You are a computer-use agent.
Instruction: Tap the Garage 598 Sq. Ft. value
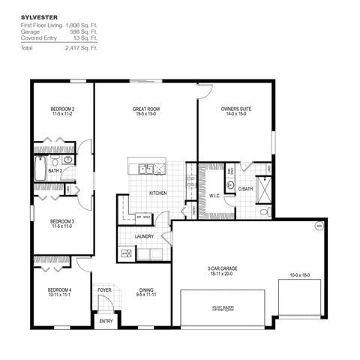85,31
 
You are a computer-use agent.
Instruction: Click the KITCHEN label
157,193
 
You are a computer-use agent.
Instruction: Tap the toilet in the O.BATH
231,184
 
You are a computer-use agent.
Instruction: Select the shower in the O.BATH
265,190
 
